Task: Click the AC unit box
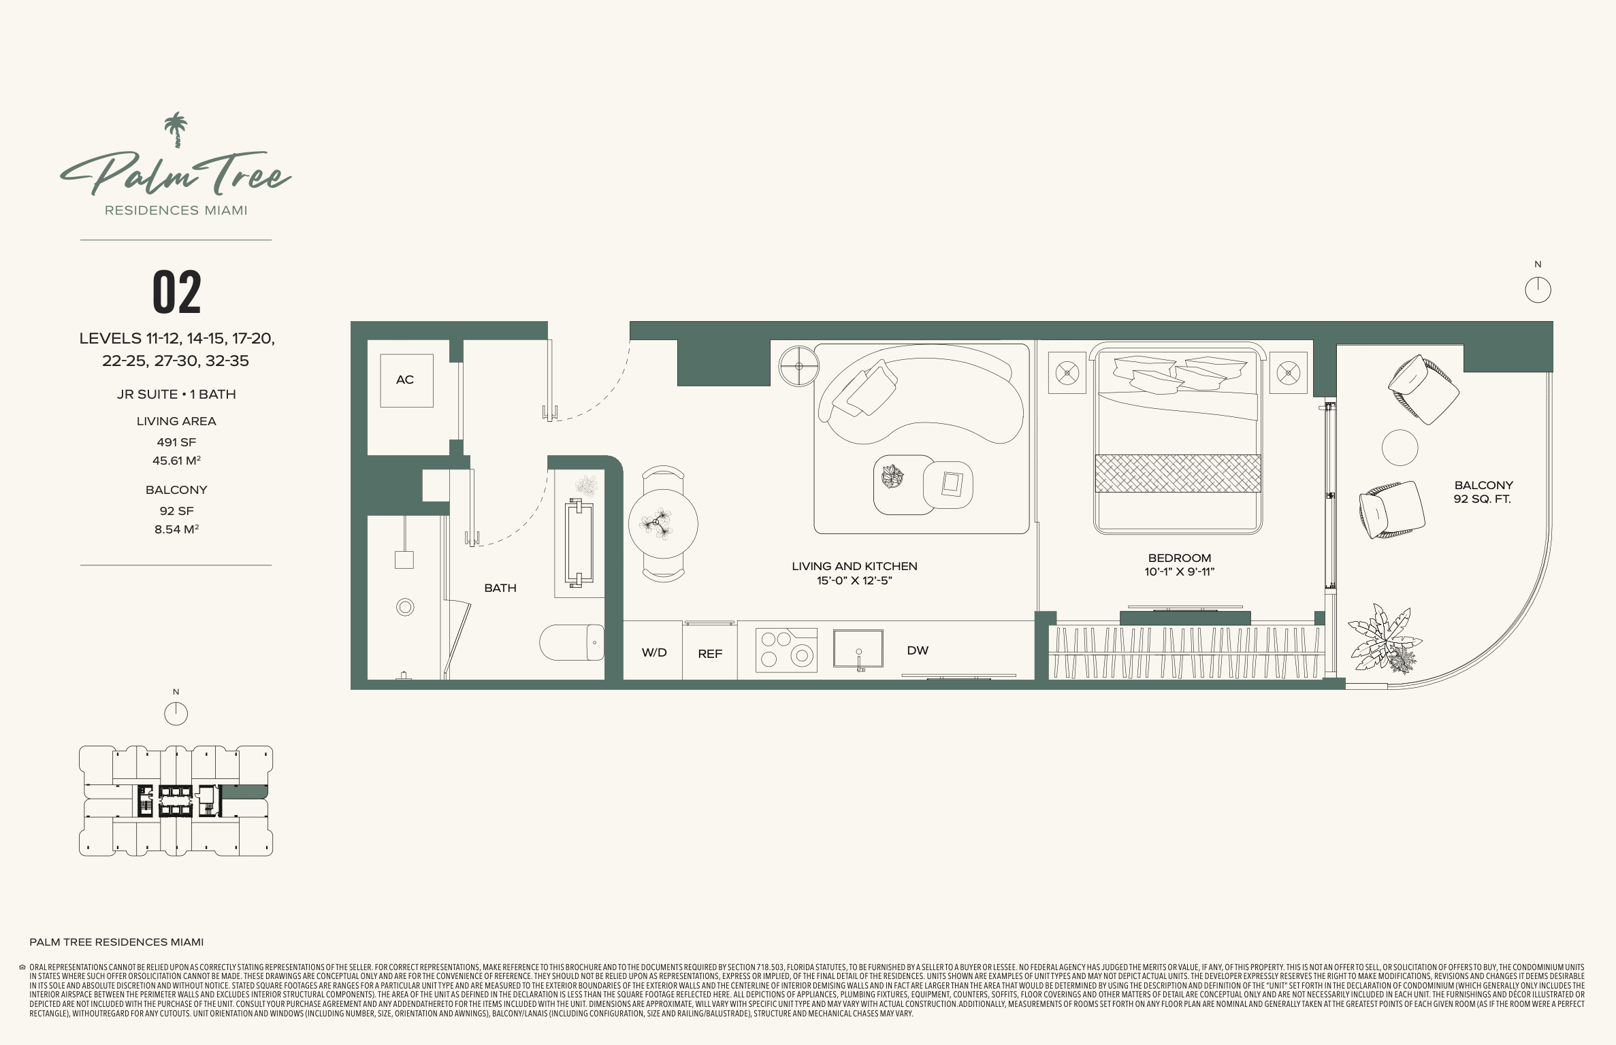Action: [x=406, y=380]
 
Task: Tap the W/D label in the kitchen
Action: [x=654, y=652]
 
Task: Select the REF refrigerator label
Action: [x=710, y=654]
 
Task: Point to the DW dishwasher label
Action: [x=918, y=650]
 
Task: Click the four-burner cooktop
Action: [x=786, y=650]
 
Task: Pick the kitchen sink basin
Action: [x=858, y=648]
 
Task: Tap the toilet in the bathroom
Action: [x=572, y=642]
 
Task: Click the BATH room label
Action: [x=500, y=588]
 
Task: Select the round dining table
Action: [x=663, y=524]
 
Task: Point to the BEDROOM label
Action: [x=1180, y=558]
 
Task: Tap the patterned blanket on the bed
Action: [x=1178, y=473]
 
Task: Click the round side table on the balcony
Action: [x=1400, y=448]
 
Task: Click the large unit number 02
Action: [x=177, y=292]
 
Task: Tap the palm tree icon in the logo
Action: [x=176, y=129]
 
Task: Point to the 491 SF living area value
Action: [x=176, y=442]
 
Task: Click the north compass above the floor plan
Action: [x=1538, y=291]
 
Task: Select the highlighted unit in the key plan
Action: [x=245, y=791]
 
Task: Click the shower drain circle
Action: [x=405, y=608]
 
